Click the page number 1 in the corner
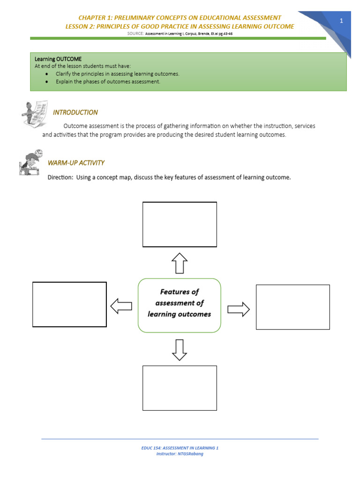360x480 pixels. click(342, 21)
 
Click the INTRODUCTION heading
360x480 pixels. click(75, 112)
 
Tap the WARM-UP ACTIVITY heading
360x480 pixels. click(76, 163)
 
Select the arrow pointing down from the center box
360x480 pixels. click(180, 350)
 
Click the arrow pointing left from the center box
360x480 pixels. click(121, 306)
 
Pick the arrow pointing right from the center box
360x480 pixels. click(239, 309)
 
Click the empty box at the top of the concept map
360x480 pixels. click(180, 224)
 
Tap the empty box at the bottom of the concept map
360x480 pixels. click(180, 388)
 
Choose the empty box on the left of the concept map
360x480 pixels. click(69, 304)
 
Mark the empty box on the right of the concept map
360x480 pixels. click(292, 307)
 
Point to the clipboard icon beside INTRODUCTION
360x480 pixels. click(35, 113)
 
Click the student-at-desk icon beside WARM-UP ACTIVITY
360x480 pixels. click(31, 163)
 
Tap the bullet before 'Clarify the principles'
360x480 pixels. click(47, 74)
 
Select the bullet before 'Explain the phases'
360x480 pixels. click(47, 82)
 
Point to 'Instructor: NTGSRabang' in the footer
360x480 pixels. click(180, 454)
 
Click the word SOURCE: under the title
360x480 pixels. click(136, 34)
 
